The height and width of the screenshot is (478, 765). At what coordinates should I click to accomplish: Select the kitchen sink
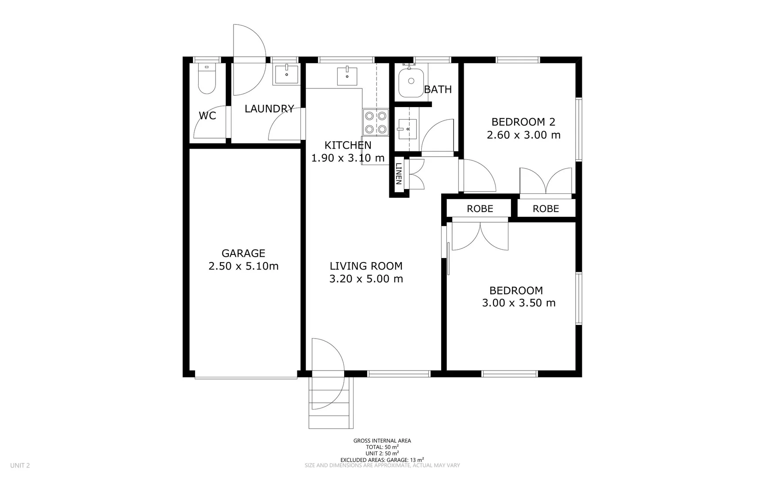point(347,76)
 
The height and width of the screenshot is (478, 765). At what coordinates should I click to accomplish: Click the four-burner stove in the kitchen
point(376,123)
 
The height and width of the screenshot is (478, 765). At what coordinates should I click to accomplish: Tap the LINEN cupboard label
point(398,173)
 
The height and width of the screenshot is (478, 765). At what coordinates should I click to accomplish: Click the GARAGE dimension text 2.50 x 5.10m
point(243,266)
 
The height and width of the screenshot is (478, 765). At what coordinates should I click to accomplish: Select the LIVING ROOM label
point(366,266)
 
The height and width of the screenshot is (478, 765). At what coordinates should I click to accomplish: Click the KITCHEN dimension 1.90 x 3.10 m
point(348,158)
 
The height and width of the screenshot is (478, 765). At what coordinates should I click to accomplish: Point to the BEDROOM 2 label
point(523,122)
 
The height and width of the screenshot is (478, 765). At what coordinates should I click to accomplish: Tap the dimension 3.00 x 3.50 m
point(519,303)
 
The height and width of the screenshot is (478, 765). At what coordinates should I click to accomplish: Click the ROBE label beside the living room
point(480,208)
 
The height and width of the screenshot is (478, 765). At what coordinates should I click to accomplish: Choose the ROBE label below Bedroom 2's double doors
point(546,208)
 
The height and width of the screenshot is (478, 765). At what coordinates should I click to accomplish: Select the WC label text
point(207,116)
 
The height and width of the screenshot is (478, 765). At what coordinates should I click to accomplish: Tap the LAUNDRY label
point(269,108)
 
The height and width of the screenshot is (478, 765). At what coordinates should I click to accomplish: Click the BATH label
point(438,89)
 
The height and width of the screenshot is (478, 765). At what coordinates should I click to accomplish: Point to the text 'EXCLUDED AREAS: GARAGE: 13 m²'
point(382,459)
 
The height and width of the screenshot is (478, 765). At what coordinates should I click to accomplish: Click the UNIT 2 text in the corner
point(20,465)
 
